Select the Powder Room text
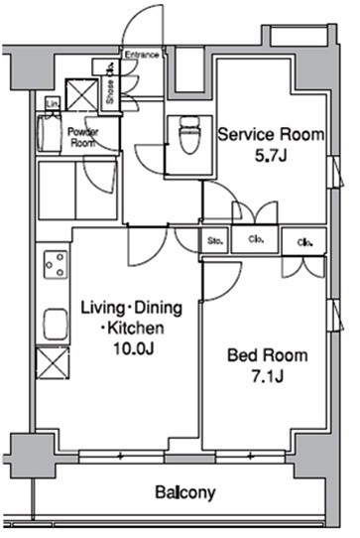click(x=81, y=135)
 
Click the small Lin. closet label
click(x=51, y=103)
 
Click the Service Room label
click(x=270, y=134)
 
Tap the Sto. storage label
click(x=214, y=239)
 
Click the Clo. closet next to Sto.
click(x=255, y=239)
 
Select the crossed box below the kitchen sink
click(x=52, y=361)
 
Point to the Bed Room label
click(x=267, y=354)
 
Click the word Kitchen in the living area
click(x=132, y=328)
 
